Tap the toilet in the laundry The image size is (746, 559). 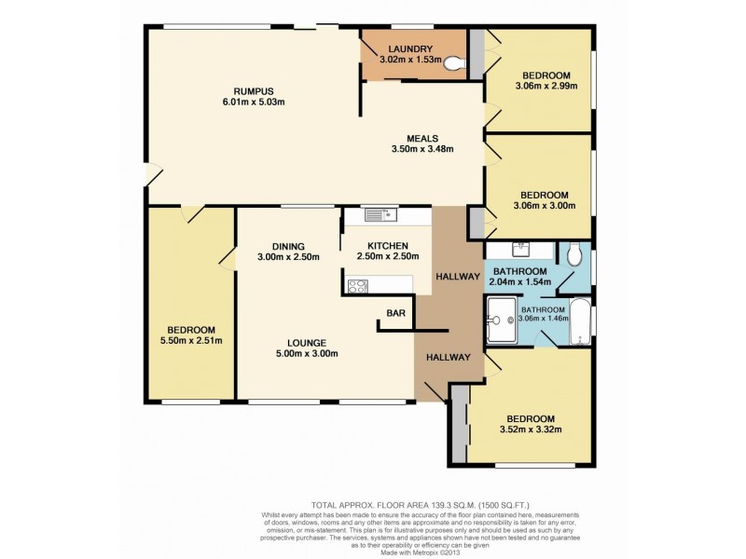(454, 63)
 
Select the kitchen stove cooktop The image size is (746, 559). (356, 287)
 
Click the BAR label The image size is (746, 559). (395, 314)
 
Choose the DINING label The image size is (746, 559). (289, 246)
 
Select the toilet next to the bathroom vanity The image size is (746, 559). (573, 253)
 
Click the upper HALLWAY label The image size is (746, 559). (457, 277)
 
